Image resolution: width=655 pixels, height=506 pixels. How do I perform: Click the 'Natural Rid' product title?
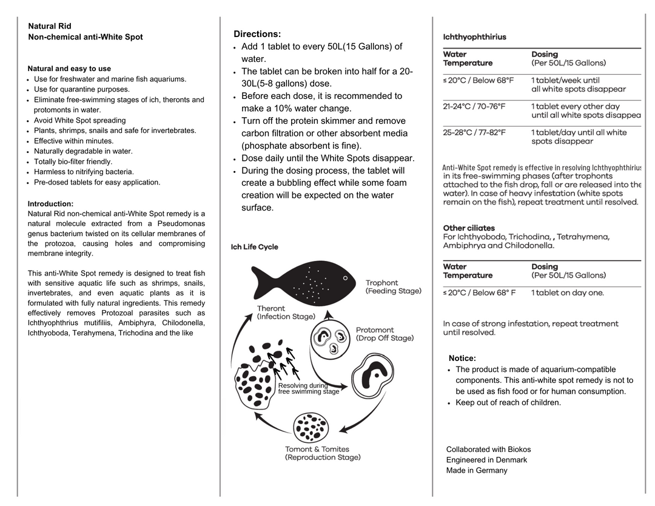50,26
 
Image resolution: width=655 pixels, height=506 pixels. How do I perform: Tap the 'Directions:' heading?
257,34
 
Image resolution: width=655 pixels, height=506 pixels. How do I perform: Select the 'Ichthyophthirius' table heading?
474,37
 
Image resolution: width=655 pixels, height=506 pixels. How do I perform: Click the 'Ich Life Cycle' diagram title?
255,247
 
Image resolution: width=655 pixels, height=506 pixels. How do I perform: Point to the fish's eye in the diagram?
346,278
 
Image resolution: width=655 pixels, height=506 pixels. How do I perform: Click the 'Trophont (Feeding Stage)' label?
393,287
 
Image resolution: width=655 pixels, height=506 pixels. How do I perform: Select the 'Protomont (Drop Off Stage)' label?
385,334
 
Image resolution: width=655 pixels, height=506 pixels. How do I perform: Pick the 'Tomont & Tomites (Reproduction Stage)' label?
323,453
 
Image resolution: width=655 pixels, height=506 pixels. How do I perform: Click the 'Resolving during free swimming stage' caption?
308,388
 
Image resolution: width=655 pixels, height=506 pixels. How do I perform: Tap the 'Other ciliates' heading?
469,228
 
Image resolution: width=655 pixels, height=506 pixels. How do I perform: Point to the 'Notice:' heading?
462,359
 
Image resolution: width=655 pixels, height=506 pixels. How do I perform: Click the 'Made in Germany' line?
477,470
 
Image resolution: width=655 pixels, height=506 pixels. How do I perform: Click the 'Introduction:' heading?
50,204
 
